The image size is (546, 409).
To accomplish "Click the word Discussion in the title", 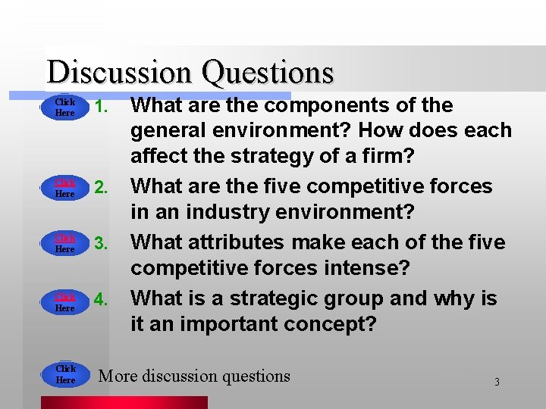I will tap(118, 73).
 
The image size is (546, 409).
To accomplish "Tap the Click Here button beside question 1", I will tap(65, 108).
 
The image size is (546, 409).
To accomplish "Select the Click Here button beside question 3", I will tap(65, 244).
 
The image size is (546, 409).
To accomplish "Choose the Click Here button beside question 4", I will tap(65, 303).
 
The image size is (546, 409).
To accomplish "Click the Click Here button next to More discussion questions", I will tap(65, 374).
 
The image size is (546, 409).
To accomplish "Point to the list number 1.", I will tap(104, 106).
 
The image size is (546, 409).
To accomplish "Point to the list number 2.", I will tap(104, 187).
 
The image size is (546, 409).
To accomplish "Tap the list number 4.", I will tap(104, 300).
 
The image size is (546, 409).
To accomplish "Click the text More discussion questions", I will tap(194, 376).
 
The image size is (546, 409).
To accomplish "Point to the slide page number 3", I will tap(497, 382).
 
